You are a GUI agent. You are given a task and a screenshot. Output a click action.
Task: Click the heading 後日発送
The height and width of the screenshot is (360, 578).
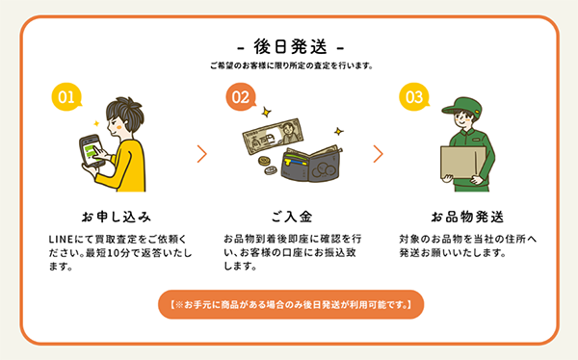[x=291, y=47]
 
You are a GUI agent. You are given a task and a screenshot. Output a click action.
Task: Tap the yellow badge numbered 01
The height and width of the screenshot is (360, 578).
[x=66, y=96]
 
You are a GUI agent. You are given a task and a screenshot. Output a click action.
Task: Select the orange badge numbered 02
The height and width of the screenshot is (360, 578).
[x=240, y=96]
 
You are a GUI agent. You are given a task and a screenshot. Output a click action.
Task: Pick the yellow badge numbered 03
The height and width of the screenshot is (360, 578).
[x=414, y=96]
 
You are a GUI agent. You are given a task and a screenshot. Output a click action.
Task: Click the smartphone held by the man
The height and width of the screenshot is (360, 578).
[x=92, y=151]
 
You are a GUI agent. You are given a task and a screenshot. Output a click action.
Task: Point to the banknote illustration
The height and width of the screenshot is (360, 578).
[x=274, y=137]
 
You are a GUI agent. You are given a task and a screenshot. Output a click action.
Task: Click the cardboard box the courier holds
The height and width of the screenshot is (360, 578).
[x=463, y=163]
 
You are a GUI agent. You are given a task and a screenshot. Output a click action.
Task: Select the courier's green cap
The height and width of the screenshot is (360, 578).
[x=461, y=107]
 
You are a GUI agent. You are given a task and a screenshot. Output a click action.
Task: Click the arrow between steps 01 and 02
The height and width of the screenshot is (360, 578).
[x=202, y=154]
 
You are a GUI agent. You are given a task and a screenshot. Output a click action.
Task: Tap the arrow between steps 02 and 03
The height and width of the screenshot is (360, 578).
[x=379, y=154]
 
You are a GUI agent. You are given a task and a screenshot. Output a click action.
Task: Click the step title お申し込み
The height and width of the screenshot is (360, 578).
[x=117, y=217]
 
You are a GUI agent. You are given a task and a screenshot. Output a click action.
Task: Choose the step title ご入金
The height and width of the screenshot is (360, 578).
[x=292, y=217]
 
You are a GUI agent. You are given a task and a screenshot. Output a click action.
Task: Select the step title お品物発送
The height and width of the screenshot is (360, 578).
[x=467, y=217]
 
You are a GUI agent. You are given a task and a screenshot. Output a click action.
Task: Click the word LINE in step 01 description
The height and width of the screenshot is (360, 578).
[x=62, y=240]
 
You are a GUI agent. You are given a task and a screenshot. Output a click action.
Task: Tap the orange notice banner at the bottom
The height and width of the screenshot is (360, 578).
[x=291, y=304]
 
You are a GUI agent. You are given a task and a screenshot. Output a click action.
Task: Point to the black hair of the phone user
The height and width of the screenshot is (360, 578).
[x=125, y=113]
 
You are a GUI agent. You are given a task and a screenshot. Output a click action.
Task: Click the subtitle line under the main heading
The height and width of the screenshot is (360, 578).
[x=292, y=65]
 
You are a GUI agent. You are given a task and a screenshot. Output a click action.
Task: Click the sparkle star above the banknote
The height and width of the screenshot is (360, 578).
[x=266, y=112]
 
